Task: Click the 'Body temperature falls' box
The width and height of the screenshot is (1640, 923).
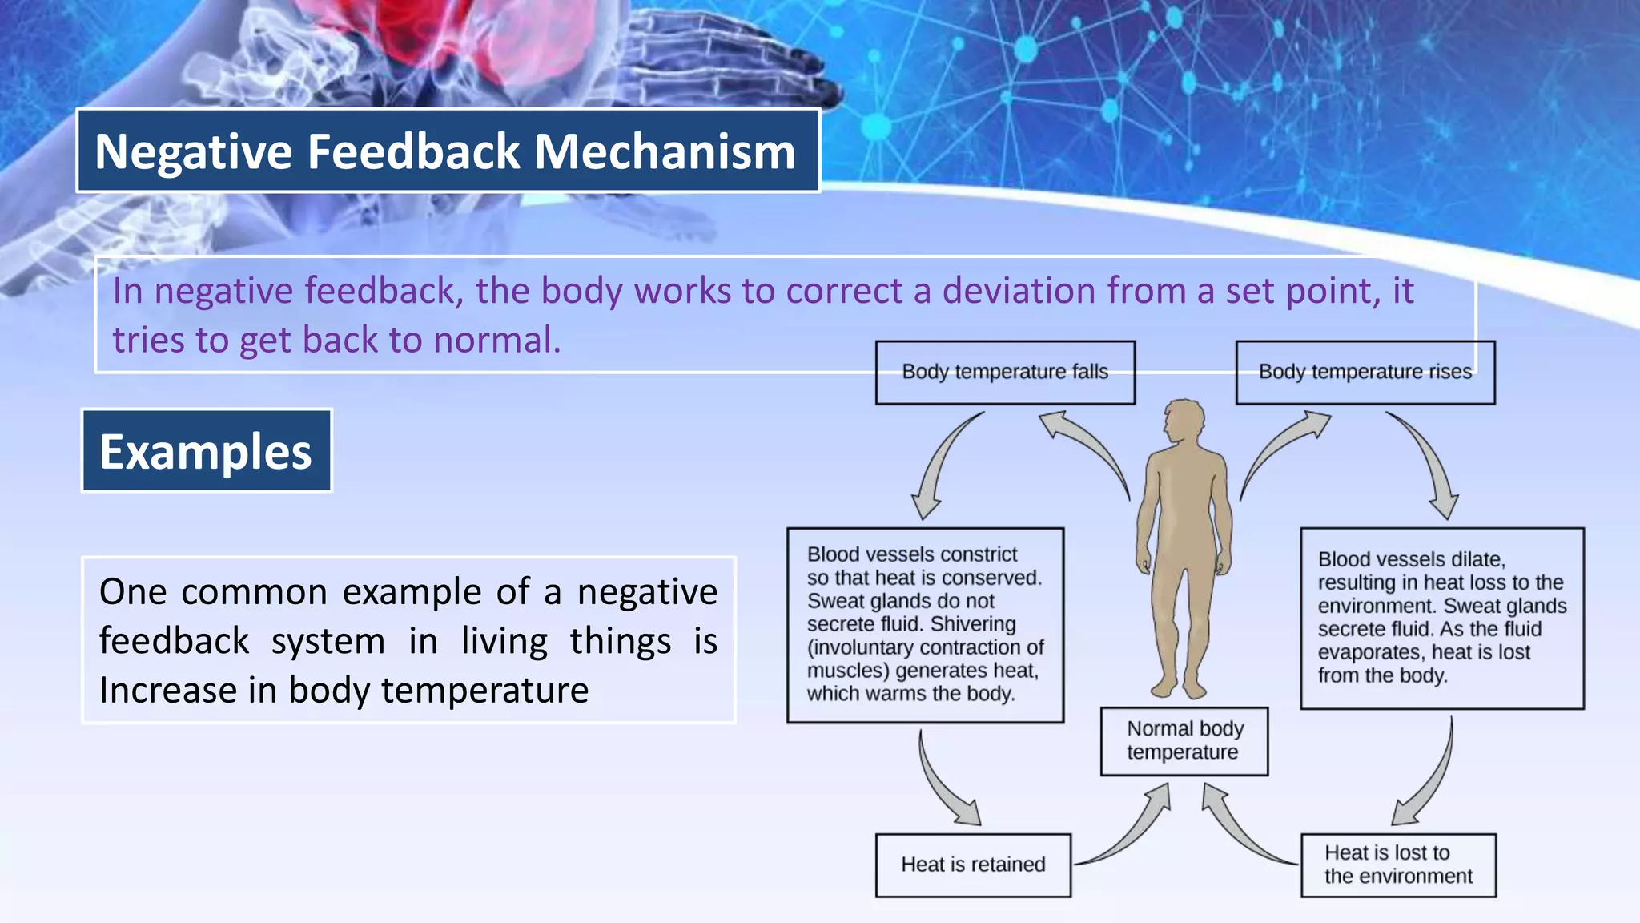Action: (1004, 373)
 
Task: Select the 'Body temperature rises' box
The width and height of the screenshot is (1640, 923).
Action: (1365, 373)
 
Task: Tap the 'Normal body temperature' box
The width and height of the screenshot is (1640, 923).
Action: (1184, 741)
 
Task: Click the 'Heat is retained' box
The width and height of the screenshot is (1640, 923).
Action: (972, 865)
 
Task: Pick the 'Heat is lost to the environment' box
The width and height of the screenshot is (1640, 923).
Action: (1397, 865)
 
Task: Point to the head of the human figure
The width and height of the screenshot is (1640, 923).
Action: (1184, 421)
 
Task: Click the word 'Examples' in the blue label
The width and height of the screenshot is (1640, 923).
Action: (206, 452)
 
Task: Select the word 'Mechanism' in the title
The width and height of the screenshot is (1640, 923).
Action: (665, 151)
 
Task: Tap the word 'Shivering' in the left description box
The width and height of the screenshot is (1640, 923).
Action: (973, 624)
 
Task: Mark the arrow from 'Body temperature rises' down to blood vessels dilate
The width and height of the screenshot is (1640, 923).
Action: (1429, 465)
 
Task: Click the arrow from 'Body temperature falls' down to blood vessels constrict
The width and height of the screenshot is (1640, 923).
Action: (941, 465)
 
